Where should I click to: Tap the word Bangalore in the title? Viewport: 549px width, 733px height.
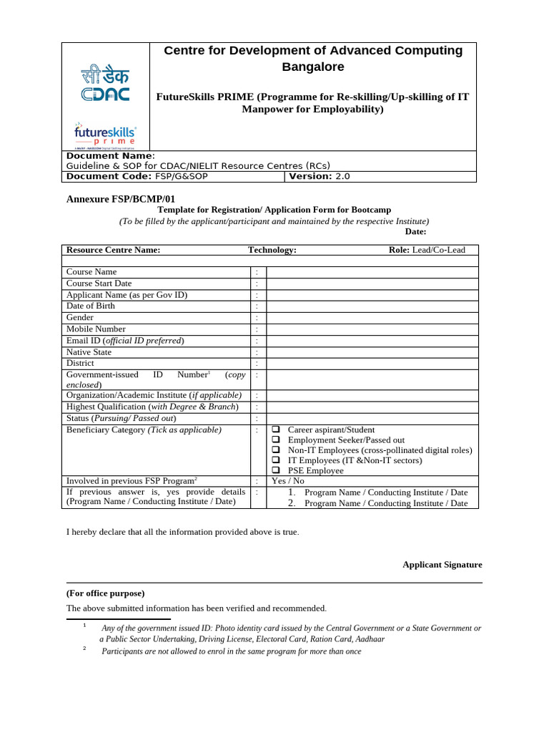point(313,67)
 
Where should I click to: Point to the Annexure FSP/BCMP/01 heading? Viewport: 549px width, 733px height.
point(120,199)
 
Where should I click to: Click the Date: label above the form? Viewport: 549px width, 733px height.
point(415,231)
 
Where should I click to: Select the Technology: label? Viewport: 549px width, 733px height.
point(272,250)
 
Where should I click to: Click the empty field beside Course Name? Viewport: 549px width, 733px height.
point(372,272)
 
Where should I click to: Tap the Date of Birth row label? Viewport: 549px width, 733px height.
point(91,306)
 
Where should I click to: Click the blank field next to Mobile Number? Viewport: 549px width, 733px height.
point(372,329)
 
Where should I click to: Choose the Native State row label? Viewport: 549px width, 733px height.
point(89,352)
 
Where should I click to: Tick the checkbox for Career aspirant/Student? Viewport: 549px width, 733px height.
point(276,430)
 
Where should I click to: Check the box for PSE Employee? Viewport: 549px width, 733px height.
point(276,471)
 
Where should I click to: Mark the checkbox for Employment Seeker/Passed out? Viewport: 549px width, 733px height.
point(276,440)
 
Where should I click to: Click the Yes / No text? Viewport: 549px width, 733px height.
point(288,481)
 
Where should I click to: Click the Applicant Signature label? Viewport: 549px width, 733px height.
point(442,565)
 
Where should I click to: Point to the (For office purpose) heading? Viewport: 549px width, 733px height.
point(105,593)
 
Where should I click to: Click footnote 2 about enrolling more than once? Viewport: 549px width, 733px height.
point(231,651)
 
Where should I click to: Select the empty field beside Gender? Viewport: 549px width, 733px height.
point(372,318)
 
